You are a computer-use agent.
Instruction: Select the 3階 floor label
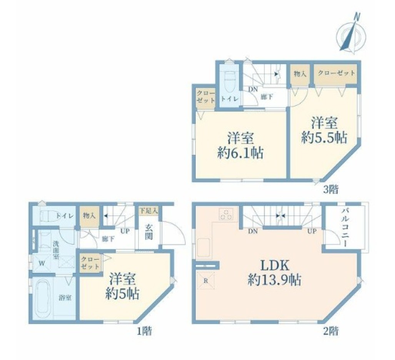click(331, 189)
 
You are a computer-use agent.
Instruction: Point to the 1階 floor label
click(144, 331)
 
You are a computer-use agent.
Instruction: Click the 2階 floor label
click(331, 331)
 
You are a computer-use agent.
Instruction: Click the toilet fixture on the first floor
click(50, 216)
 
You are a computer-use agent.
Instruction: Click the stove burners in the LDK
click(226, 214)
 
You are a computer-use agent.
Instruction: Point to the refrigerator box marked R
click(205, 281)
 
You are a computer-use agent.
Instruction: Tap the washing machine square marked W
click(42, 263)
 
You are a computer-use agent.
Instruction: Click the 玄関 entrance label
click(148, 232)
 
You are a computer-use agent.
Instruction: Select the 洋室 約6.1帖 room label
click(240, 145)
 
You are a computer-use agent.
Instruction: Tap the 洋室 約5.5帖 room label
click(324, 130)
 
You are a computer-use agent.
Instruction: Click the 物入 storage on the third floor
click(300, 74)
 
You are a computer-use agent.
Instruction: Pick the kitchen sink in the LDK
click(204, 247)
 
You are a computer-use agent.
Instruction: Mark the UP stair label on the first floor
click(125, 230)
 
